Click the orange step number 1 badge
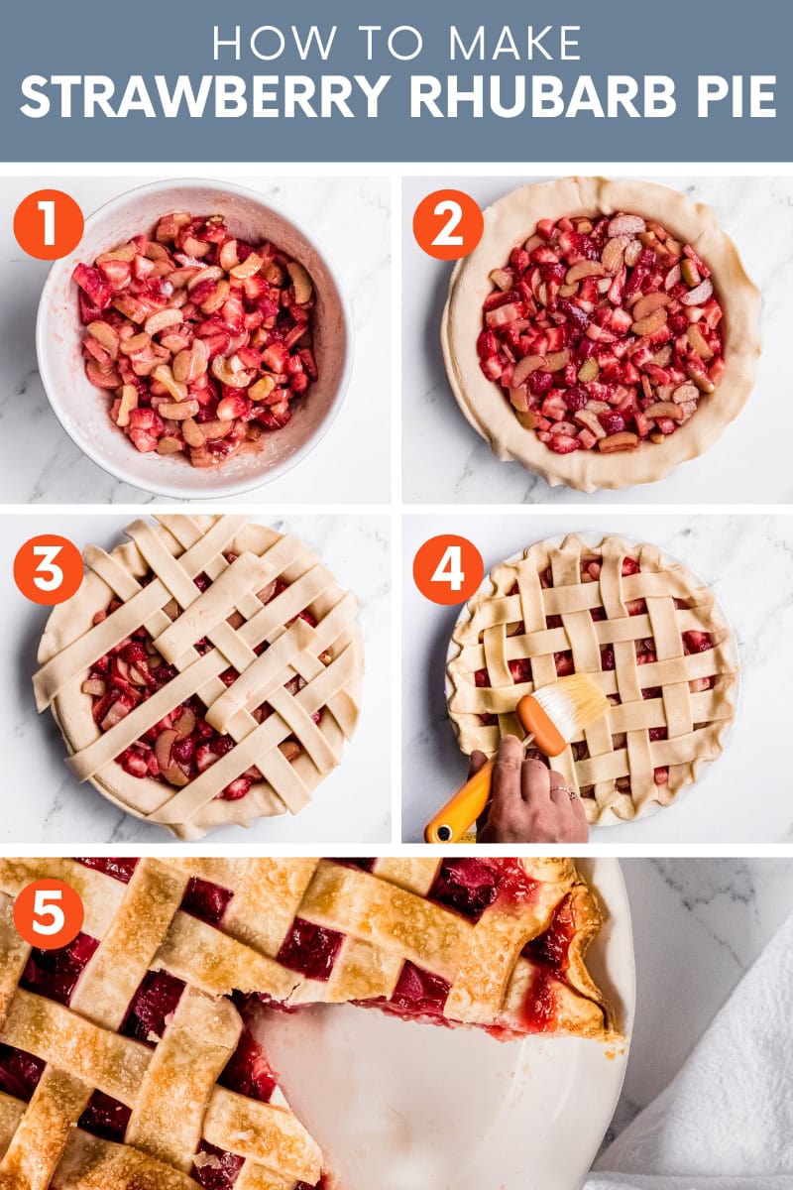tap(49, 224)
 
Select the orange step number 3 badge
tap(49, 569)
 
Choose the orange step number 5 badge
tap(49, 913)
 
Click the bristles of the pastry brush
tap(571, 703)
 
